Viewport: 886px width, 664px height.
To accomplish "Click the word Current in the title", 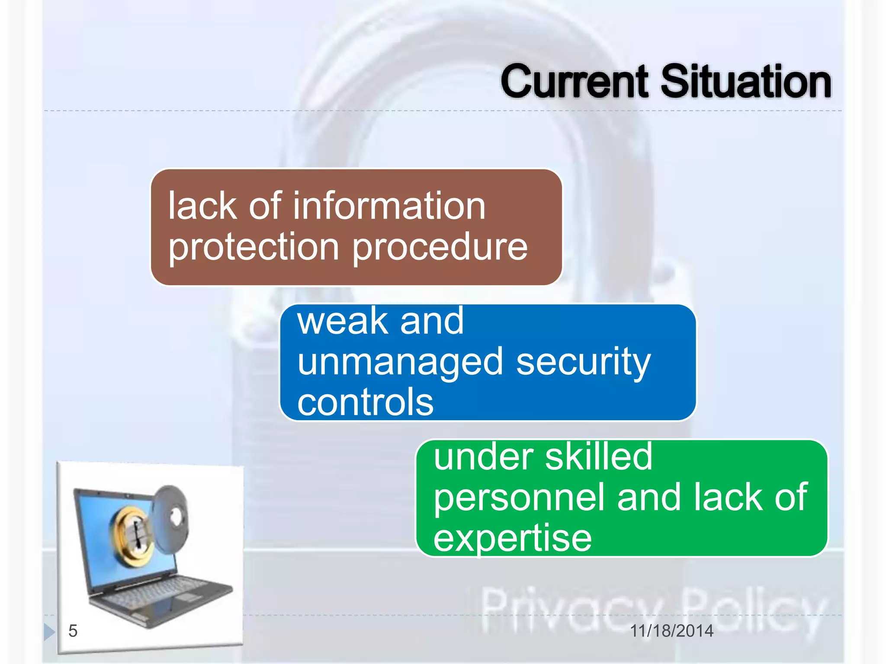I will point(575,82).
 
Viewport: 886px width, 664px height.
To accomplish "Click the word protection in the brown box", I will point(254,247).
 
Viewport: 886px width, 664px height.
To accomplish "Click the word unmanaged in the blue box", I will point(400,362).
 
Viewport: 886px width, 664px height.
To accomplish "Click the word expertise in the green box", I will point(512,539).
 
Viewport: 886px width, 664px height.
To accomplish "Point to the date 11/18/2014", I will point(671,631).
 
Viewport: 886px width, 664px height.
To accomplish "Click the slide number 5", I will point(73,631).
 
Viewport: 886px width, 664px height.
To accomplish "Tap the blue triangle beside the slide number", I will point(49,632).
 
